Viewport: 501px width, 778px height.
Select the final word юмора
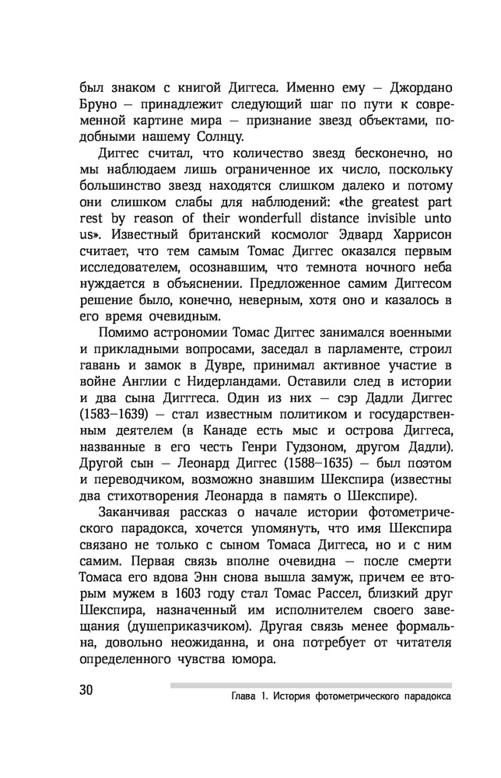pos(254,663)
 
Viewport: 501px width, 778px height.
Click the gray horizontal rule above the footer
pos(310,685)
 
